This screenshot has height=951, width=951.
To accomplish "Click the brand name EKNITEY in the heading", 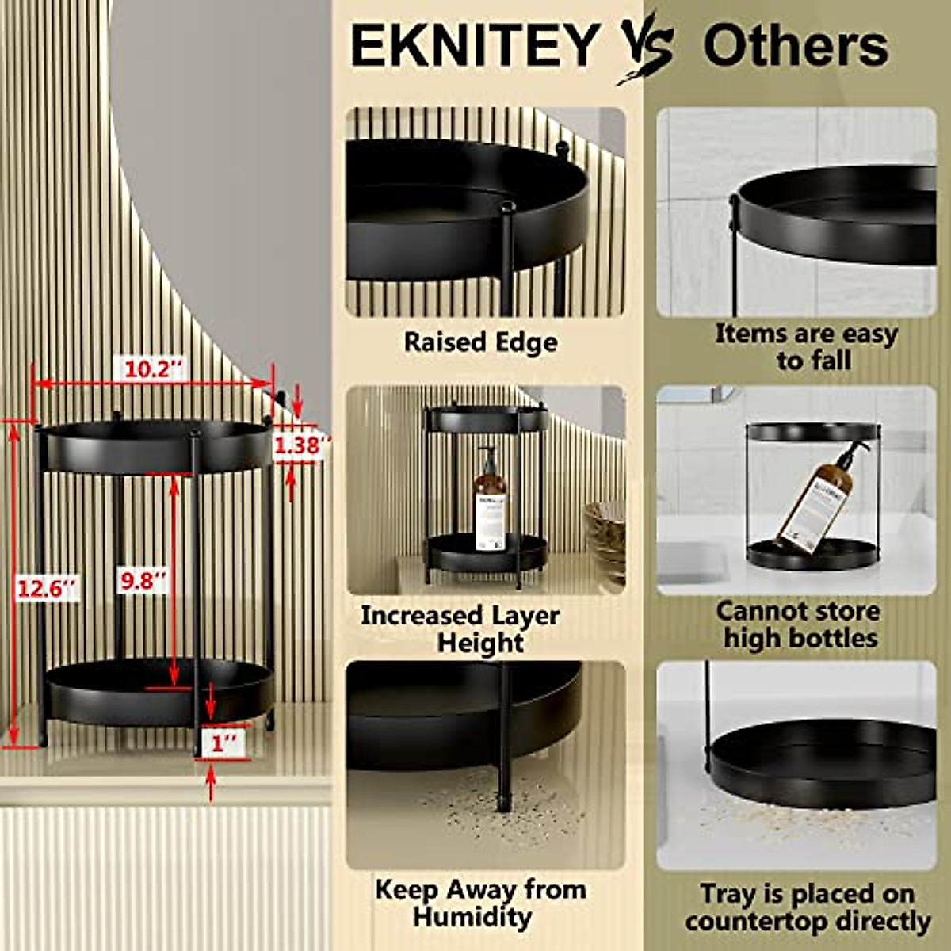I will [x=474, y=46].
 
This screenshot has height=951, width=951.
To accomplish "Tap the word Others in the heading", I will [x=795, y=46].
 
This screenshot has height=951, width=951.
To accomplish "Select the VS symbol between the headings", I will [x=646, y=46].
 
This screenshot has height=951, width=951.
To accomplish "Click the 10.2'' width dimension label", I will [x=153, y=369].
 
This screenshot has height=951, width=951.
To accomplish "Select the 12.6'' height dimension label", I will [x=48, y=588].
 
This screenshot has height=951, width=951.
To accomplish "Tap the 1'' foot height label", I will [x=223, y=745].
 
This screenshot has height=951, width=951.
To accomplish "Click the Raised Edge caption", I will [x=480, y=342].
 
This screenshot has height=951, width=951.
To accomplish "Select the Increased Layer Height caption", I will [x=460, y=628].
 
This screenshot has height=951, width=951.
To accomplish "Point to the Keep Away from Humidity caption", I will [x=480, y=903].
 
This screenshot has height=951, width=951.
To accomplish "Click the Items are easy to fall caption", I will [x=806, y=346].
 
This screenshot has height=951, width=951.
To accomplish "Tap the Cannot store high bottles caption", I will [x=798, y=624].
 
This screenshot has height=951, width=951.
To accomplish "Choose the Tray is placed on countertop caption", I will [x=807, y=908].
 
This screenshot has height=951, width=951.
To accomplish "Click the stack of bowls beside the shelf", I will [x=605, y=539].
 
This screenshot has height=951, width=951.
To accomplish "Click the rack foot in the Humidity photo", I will [x=502, y=789].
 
